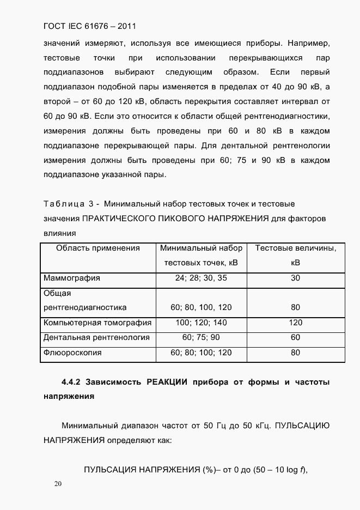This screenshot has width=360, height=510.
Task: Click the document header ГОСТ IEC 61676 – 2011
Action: pyautogui.click(x=89, y=26)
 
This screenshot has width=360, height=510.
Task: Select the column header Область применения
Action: pyautogui.click(x=98, y=248)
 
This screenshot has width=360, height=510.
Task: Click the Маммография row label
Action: pyautogui.click(x=71, y=278)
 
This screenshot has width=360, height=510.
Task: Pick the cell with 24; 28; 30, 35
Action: pyautogui.click(x=201, y=278)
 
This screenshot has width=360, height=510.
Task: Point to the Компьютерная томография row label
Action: pyautogui.click(x=97, y=323)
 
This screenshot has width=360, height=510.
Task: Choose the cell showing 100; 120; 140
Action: pyautogui.click(x=201, y=323)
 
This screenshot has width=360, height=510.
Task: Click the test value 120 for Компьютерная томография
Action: pyautogui.click(x=296, y=323)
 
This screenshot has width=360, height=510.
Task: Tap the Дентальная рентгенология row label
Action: pyautogui.click(x=96, y=337)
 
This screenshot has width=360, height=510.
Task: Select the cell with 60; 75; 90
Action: pyautogui.click(x=201, y=337)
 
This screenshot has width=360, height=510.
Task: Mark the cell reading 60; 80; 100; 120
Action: pyautogui.click(x=201, y=353)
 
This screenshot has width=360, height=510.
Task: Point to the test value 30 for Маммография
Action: pyautogui.click(x=296, y=278)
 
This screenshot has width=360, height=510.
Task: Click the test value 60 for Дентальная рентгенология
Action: pyautogui.click(x=296, y=337)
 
